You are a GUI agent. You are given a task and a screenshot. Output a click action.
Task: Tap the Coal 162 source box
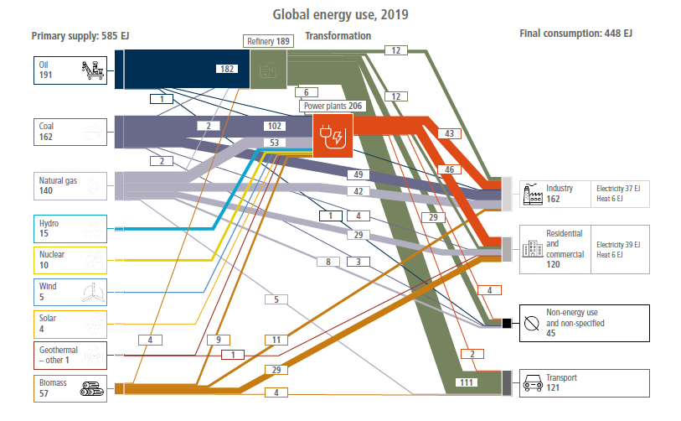(70, 132)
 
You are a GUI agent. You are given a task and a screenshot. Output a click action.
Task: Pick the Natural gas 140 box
(70, 185)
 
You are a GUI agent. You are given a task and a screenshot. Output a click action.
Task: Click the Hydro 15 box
(70, 228)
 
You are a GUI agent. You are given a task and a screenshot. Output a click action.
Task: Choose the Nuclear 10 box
(70, 259)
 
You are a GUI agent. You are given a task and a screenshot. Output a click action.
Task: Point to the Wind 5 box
(70, 290)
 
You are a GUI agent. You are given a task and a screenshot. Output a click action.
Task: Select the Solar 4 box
(70, 322)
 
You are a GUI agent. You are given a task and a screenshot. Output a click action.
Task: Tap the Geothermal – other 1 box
(70, 354)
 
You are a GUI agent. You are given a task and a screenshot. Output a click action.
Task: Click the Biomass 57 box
(70, 386)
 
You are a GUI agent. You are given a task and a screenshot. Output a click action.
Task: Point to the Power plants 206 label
(333, 107)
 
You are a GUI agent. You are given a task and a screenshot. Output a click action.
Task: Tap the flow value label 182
(225, 69)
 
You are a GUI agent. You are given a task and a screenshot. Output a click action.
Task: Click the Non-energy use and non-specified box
(584, 322)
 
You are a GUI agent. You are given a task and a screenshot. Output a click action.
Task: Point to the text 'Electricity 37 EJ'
(618, 188)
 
